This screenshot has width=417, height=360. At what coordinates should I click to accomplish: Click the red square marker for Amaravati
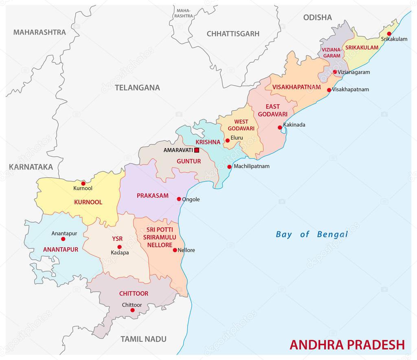pos(197,150)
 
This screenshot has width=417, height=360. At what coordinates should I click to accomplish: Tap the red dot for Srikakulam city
pos(389,33)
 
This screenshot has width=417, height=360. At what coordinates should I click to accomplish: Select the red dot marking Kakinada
pos(280,127)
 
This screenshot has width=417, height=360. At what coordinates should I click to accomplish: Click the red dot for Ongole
pos(179,199)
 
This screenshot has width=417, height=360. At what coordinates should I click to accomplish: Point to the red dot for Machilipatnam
pos(229,167)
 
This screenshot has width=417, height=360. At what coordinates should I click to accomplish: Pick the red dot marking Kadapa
pos(119,247)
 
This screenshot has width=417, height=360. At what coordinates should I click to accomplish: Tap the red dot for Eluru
pos(227,140)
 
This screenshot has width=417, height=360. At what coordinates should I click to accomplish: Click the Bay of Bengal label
pos(312,234)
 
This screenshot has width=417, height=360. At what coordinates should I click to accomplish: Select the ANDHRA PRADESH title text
pos(347,345)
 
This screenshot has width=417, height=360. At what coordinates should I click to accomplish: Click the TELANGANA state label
pos(137,88)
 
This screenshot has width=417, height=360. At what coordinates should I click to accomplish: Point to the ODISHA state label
pos(317,18)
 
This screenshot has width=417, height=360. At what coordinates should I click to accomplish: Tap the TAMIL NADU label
pos(143,339)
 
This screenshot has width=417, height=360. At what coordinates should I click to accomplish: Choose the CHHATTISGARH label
pos(233,34)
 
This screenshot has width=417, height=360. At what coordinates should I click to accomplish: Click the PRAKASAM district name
pos(152,195)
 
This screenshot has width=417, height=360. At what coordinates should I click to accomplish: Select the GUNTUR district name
pos(189,161)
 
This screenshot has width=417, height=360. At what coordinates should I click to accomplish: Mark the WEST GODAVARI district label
pos(241,125)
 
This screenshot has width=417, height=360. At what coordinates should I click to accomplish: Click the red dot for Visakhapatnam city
pos(329,90)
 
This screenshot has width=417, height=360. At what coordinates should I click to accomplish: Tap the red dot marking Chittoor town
pos(132,310)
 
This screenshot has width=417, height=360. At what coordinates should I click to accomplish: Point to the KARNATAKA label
pos(31,167)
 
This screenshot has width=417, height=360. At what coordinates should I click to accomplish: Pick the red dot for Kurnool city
pos(83,183)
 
